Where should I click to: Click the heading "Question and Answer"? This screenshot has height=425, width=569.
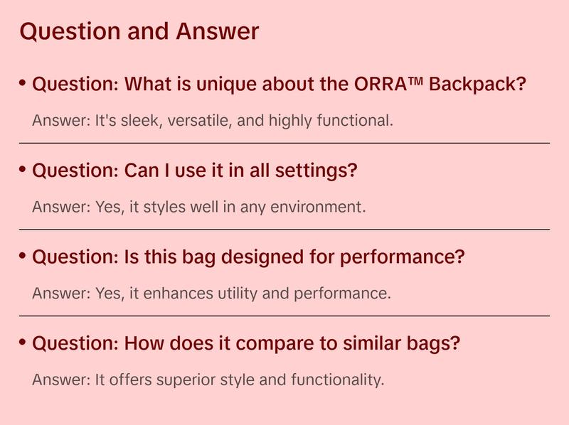pos(139,32)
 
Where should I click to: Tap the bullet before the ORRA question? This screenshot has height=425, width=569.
pos(23,84)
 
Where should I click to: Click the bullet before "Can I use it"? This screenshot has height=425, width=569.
pos(23,170)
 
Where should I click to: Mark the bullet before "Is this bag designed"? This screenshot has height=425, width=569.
pos(23,256)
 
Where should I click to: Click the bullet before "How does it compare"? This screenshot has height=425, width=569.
pos(23,342)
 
